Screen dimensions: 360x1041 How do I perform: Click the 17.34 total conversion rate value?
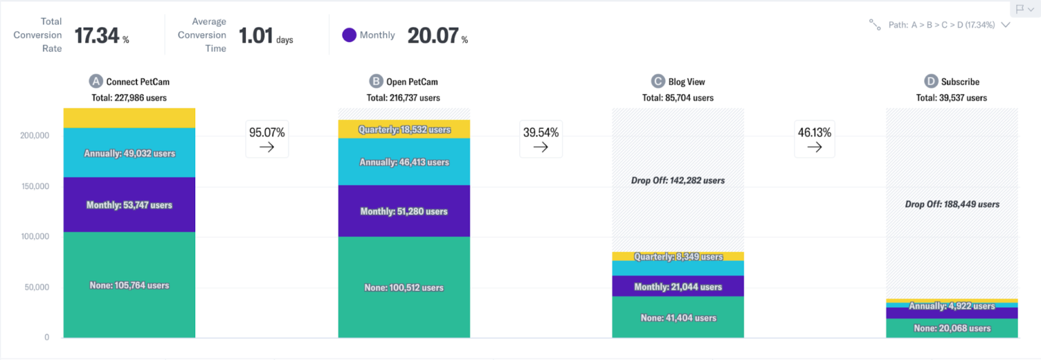(x=97, y=35)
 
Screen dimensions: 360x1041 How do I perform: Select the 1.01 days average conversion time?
(x=256, y=35)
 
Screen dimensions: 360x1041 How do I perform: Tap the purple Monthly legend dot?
(x=349, y=35)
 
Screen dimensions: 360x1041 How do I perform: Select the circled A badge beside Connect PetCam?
(x=96, y=81)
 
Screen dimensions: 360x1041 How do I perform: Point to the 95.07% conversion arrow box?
(x=266, y=139)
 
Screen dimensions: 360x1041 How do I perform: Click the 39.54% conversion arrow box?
(x=541, y=139)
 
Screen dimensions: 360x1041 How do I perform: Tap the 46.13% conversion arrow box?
(x=815, y=139)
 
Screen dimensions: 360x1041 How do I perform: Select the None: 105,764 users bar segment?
(x=129, y=285)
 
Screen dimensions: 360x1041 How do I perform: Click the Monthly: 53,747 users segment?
(x=129, y=205)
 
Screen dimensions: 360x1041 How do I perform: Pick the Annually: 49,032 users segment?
(x=129, y=153)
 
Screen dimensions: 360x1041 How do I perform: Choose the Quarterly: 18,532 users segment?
(x=404, y=129)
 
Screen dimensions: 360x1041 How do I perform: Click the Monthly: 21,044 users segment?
(x=678, y=287)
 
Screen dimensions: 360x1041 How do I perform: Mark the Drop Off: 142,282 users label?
(x=678, y=180)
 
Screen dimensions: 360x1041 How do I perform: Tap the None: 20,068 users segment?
(x=952, y=328)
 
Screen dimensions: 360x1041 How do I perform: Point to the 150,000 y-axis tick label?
(x=32, y=186)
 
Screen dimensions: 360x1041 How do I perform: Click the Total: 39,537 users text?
(x=952, y=98)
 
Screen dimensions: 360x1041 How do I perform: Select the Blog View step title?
(x=686, y=81)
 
